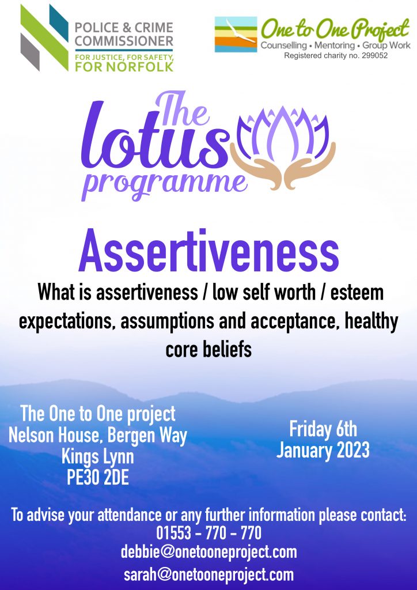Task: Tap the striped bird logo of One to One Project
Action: click(236, 34)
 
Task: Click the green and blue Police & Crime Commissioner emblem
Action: click(44, 37)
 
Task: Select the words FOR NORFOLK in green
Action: click(124, 67)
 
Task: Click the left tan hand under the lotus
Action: click(256, 165)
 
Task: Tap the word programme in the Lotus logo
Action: click(164, 184)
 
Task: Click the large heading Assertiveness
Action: click(208, 252)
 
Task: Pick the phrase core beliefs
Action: click(208, 350)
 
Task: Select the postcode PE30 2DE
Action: click(98, 478)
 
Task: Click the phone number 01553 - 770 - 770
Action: click(208, 533)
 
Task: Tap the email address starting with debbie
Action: click(208, 553)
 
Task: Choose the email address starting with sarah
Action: click(208, 574)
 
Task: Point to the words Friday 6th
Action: click(323, 429)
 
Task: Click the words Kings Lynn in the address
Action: click(98, 457)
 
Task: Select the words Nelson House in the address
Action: click(56, 436)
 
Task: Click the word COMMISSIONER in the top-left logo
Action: click(124, 41)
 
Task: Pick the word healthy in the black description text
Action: click(371, 322)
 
